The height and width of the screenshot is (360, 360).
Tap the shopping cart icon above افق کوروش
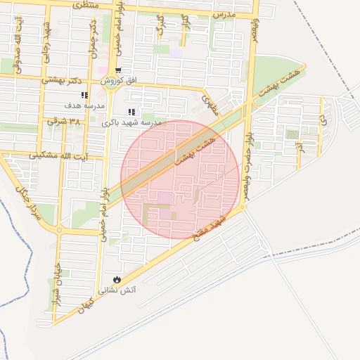click(x=117, y=70)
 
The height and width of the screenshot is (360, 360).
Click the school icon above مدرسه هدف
click(x=84, y=95)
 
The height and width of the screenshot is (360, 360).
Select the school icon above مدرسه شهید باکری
click(x=131, y=112)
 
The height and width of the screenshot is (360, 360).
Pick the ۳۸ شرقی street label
click(x=64, y=121)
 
